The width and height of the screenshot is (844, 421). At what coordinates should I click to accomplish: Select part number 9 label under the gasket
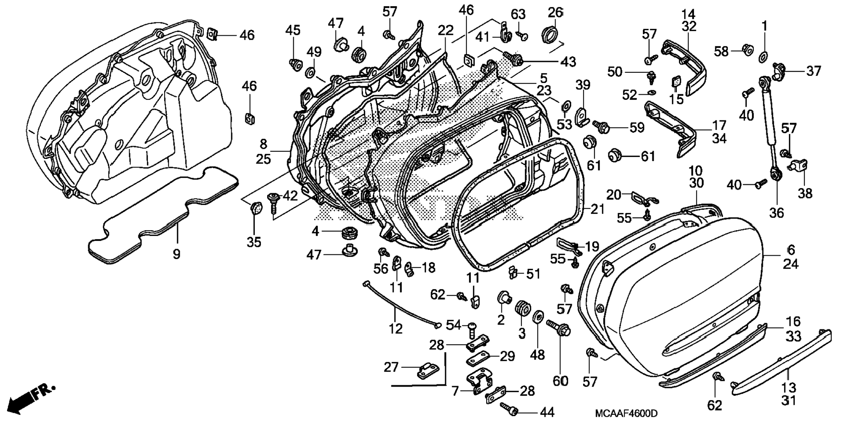(176, 254)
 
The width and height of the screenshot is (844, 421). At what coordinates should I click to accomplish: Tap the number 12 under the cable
(395, 329)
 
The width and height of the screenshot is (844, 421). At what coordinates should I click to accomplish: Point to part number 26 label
(555, 12)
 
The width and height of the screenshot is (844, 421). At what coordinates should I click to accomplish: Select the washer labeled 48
(538, 318)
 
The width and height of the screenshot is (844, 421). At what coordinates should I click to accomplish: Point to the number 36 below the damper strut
(776, 213)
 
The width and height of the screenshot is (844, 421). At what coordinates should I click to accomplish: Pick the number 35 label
(254, 242)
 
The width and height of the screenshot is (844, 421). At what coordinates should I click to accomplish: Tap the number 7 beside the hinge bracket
(455, 391)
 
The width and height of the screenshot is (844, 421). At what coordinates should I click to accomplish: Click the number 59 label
(637, 128)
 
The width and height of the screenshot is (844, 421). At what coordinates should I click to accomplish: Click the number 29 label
(507, 356)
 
